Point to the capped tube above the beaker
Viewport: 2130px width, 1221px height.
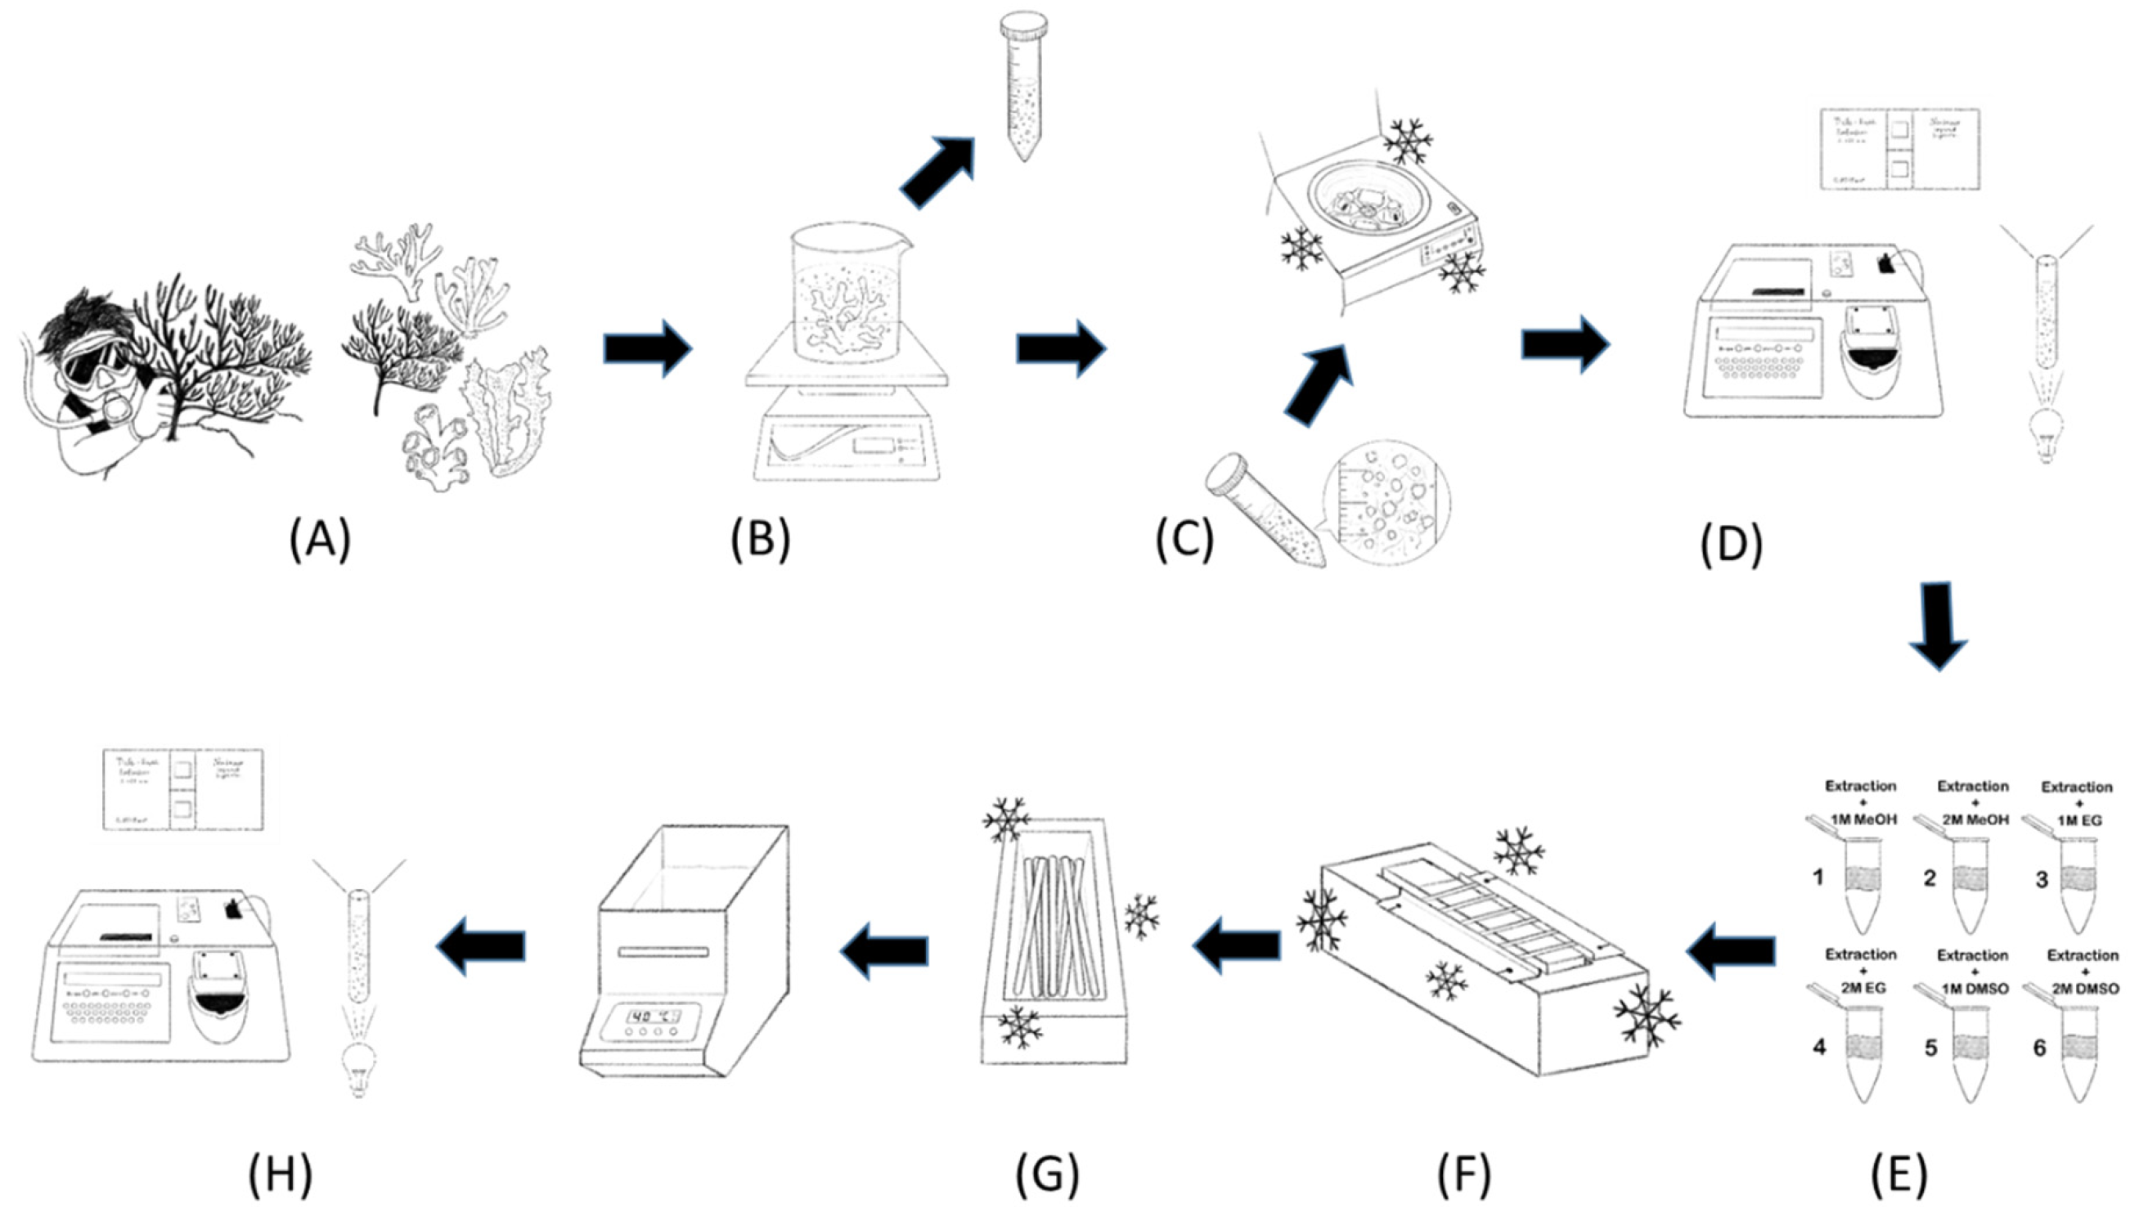tap(1023, 84)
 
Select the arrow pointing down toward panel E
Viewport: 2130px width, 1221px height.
tap(1937, 625)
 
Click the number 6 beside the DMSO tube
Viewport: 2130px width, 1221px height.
tap(2039, 1048)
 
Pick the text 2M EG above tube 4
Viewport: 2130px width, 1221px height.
tap(1863, 988)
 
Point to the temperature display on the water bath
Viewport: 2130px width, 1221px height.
tap(654, 1017)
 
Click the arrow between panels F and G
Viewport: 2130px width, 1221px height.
tap(1237, 948)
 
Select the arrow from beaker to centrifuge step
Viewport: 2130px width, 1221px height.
tap(1061, 348)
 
